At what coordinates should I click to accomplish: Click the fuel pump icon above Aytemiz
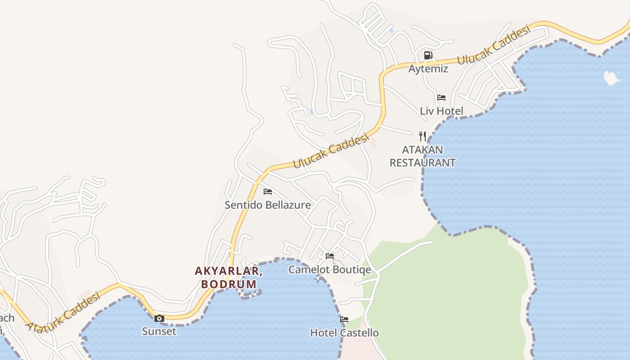[x=428, y=55]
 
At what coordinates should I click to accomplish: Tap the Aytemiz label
[x=428, y=69]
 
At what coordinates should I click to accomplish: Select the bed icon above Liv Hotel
[x=441, y=97]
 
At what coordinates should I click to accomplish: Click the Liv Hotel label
[x=441, y=111]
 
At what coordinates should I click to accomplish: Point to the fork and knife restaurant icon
[x=422, y=136]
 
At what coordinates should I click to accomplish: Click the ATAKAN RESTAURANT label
[x=422, y=156]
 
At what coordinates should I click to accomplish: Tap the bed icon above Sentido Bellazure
[x=268, y=192]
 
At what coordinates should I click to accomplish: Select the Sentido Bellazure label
[x=268, y=205]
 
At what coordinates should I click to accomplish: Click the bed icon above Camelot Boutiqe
[x=330, y=256]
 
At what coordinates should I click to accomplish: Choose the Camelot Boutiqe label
[x=330, y=270]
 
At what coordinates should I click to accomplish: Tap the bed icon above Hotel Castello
[x=344, y=319]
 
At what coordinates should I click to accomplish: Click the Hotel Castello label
[x=344, y=333]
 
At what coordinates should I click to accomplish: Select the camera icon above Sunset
[x=159, y=318]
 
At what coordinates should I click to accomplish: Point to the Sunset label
[x=159, y=332]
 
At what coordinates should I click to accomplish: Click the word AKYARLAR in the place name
[x=229, y=271]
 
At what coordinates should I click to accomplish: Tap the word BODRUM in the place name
[x=229, y=284]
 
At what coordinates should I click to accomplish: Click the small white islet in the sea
[x=611, y=78]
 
